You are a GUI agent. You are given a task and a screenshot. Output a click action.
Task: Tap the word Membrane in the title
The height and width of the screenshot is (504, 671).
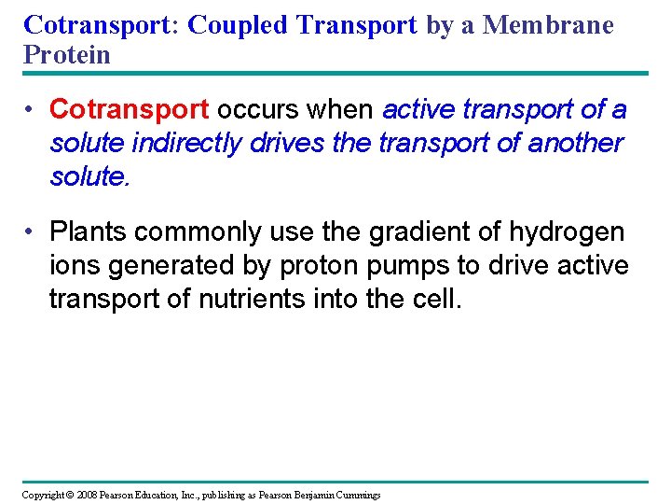549,25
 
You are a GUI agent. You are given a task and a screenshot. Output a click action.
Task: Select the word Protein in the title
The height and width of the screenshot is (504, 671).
67,54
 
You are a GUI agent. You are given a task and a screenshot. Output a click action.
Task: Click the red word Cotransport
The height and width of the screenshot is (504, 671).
129,110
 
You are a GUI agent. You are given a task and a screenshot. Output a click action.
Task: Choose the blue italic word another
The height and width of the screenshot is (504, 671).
563,143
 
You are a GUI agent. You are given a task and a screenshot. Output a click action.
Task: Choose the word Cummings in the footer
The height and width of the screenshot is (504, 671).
355,495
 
